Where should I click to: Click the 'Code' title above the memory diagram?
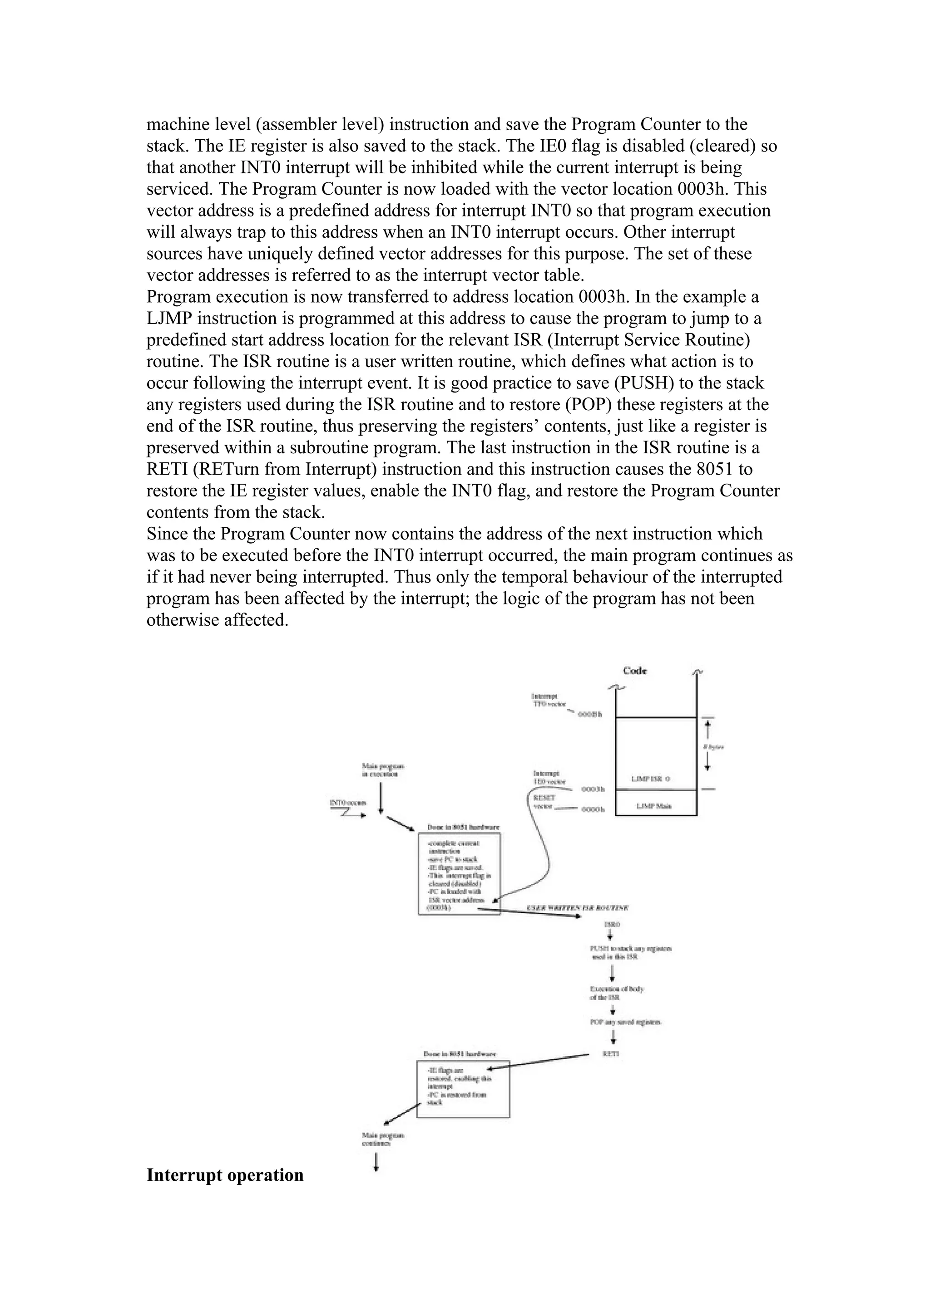coord(635,671)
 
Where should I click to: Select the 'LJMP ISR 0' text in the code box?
coord(650,779)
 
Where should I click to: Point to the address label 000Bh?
coord(589,715)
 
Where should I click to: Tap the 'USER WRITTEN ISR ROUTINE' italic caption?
coord(578,908)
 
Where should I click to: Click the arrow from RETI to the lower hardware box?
coord(539,1062)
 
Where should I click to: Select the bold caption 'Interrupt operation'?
coord(225,1175)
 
